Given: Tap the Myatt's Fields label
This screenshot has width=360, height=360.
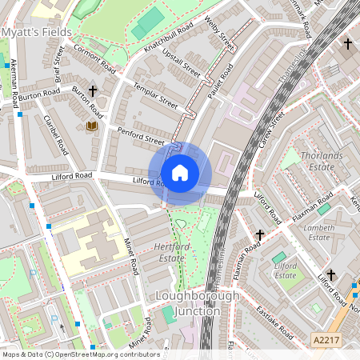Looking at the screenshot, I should [37, 32].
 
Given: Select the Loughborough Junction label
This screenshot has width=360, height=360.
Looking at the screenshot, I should [197, 303].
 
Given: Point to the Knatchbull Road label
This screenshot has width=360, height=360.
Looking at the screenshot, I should [169, 36].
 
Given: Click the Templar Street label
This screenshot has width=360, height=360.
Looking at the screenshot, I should [155, 97].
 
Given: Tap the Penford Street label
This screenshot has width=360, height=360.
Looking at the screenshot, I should [141, 134].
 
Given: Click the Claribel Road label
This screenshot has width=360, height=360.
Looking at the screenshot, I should [54, 138].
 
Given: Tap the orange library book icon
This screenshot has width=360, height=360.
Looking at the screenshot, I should [91, 126].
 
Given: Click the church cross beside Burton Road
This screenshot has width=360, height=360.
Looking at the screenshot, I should [93, 91].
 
